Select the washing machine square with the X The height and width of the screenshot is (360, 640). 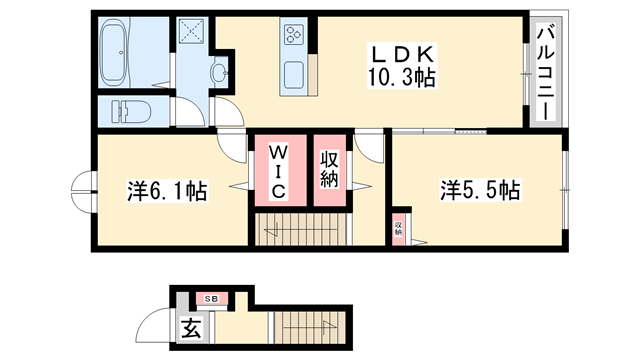click(190, 33)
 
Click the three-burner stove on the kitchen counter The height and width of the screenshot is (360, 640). click(294, 35)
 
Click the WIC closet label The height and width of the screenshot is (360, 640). click(278, 171)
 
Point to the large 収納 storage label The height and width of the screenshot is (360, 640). click(329, 170)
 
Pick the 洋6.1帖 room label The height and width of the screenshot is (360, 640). click(167, 191)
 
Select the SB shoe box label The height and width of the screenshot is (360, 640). click(211, 298)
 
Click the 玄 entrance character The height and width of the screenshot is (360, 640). click(190, 326)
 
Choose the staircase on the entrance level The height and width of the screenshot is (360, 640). click(310, 330)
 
